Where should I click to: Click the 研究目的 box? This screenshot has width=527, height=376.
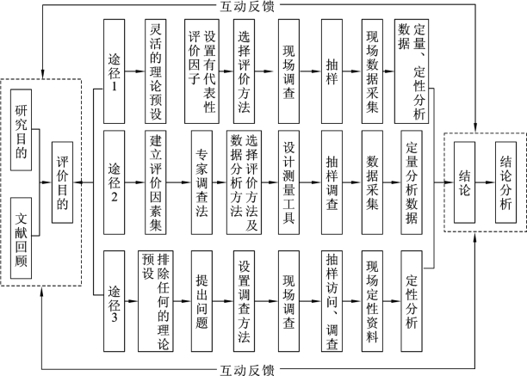(22, 130)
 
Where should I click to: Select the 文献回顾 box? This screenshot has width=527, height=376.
(22, 238)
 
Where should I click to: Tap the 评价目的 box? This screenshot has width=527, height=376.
(63, 182)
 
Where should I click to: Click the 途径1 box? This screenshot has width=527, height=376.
(115, 71)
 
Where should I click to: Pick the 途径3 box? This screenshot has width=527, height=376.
(115, 301)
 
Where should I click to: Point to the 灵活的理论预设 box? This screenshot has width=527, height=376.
(156, 71)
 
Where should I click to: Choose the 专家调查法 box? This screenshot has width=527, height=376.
(201, 182)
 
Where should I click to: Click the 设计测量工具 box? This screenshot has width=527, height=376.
(288, 182)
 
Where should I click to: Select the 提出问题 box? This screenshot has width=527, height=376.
(201, 301)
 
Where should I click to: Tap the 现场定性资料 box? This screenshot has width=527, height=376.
(372, 301)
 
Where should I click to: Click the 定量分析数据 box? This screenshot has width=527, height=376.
(412, 182)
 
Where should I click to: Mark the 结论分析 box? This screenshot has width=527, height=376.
(505, 182)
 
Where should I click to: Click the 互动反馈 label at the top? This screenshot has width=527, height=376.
(247, 6)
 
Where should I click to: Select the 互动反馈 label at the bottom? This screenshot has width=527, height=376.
(247, 370)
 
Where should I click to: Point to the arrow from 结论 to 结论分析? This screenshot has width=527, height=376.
(485, 182)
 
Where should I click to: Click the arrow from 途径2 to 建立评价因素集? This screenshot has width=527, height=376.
(135, 182)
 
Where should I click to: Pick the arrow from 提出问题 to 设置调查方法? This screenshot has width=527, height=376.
(223, 301)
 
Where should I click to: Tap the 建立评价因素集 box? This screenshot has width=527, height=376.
(156, 182)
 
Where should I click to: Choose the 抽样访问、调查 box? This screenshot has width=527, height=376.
(332, 301)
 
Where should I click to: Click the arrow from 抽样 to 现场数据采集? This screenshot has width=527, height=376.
(352, 71)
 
